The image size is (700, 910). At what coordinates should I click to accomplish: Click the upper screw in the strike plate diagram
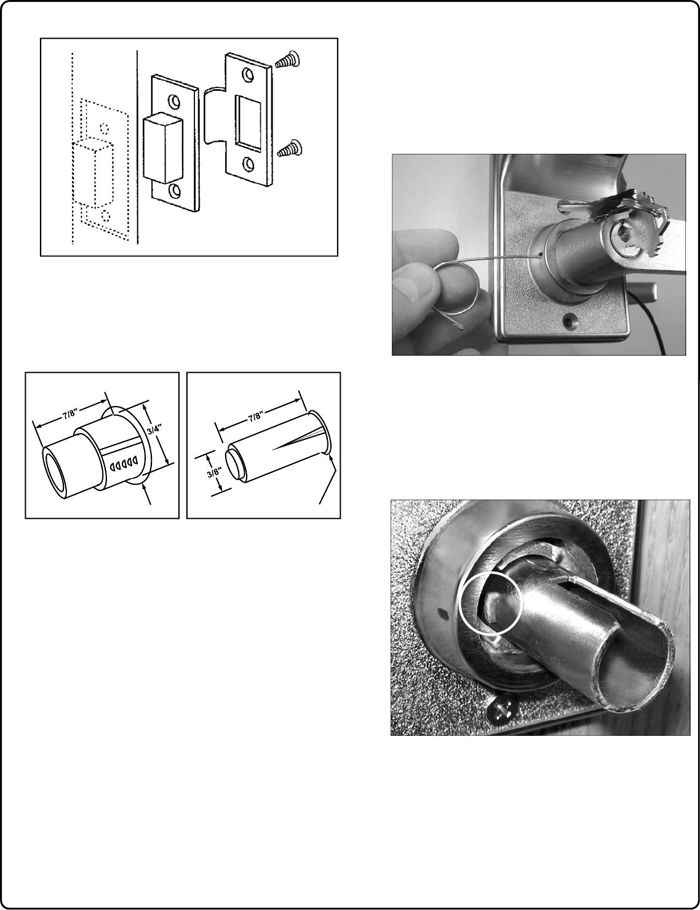pyautogui.click(x=287, y=59)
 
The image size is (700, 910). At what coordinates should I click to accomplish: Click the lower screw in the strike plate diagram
pyautogui.click(x=289, y=148)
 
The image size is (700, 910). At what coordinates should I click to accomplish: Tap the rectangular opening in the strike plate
pyautogui.click(x=249, y=122)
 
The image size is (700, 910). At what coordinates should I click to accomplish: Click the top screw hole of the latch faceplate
pyautogui.click(x=172, y=102)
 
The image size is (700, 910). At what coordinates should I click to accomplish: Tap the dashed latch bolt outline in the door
pyautogui.click(x=93, y=174)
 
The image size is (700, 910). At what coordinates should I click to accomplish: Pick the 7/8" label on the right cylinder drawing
pyautogui.click(x=255, y=417)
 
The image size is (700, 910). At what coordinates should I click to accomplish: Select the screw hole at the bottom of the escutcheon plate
pyautogui.click(x=570, y=321)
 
